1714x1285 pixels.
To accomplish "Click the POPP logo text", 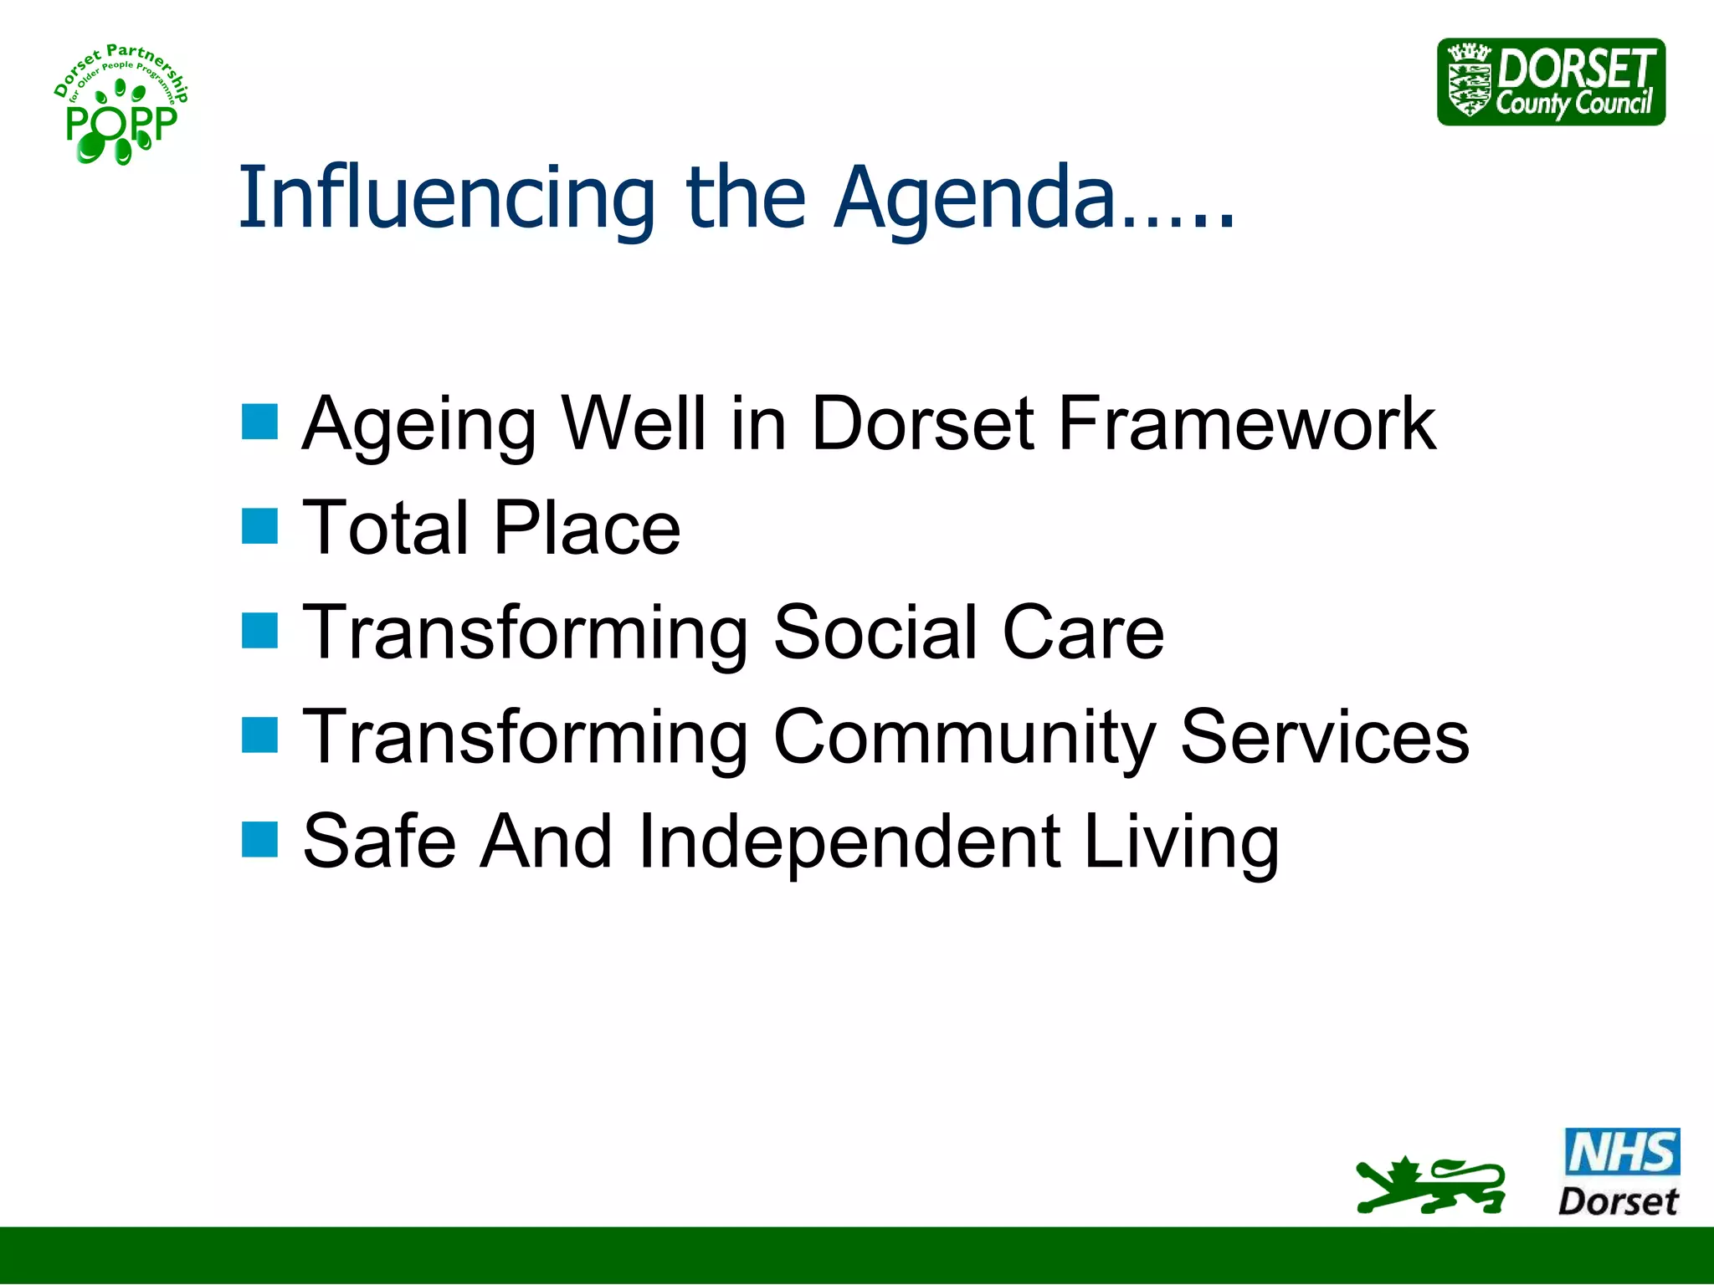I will [121, 125].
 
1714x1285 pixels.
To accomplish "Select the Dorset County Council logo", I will [1551, 82].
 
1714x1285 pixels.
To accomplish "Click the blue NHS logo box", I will [1621, 1151].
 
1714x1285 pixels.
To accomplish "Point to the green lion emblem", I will [1429, 1185].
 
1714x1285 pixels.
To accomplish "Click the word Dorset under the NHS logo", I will [1618, 1201].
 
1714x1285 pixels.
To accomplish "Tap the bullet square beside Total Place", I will [259, 526].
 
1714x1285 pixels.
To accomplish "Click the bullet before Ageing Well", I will [259, 422].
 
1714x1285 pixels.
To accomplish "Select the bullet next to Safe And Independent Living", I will [259, 839].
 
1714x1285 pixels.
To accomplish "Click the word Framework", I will [1247, 423].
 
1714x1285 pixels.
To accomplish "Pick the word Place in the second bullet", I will [587, 528].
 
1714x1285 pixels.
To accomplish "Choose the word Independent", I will [849, 841].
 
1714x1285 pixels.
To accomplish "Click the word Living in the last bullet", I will [1181, 841].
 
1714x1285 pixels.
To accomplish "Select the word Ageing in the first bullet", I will [418, 423].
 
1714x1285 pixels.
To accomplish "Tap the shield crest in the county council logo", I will [1470, 82].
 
